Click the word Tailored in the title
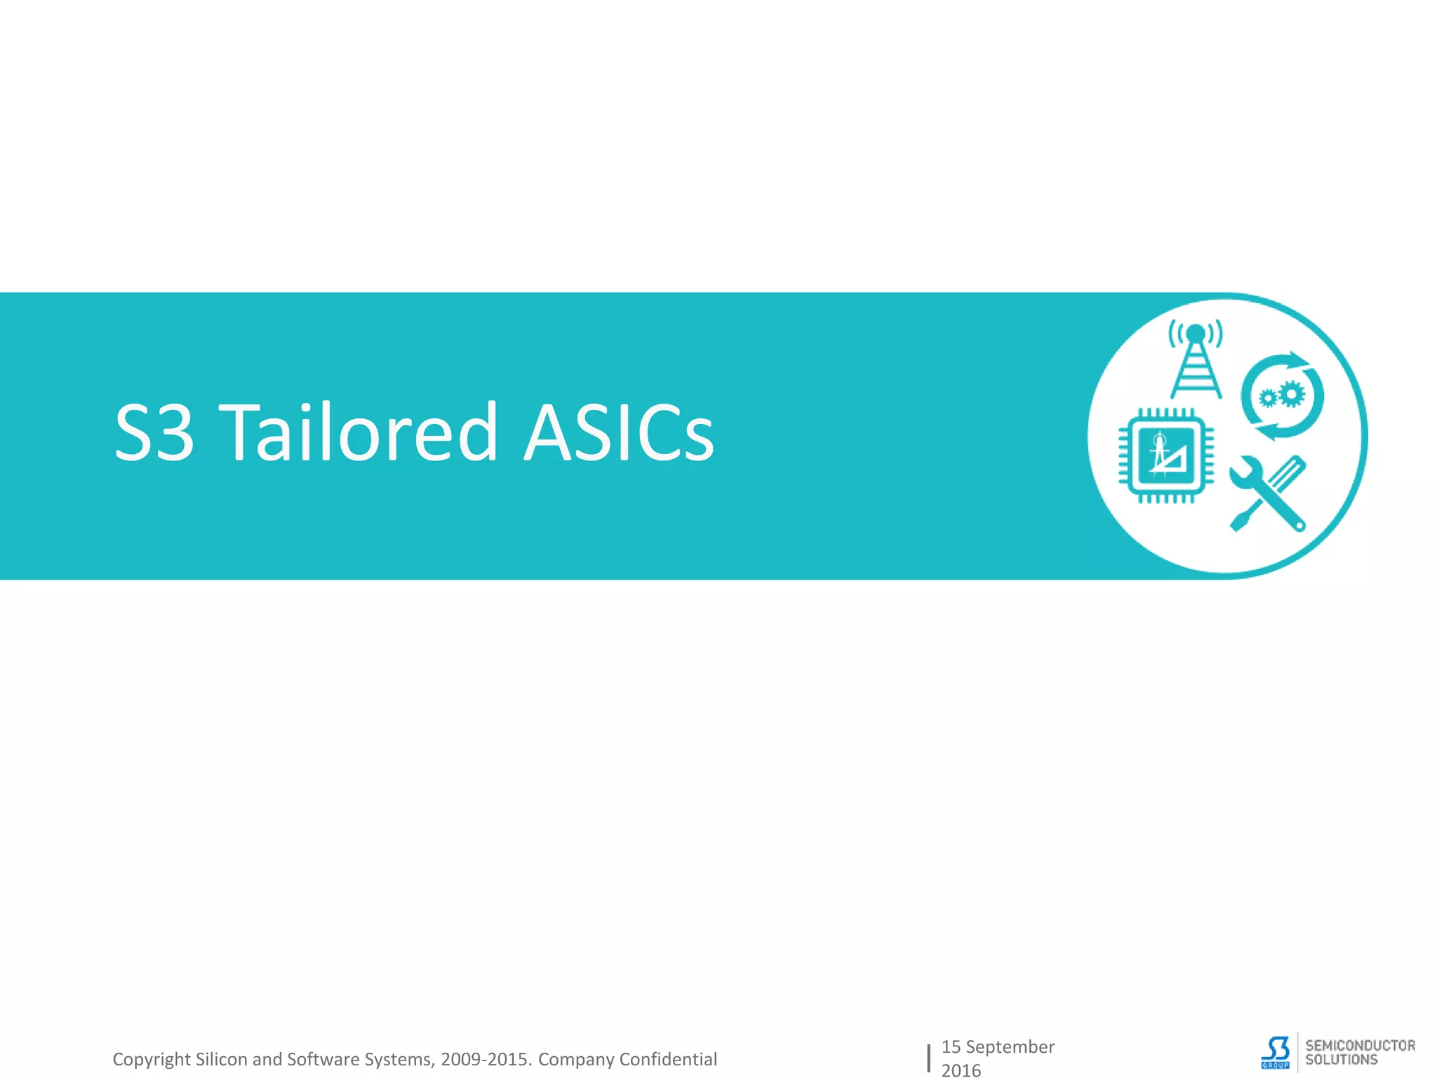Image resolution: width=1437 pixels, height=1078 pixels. [359, 432]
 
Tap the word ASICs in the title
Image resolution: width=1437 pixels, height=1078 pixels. [619, 432]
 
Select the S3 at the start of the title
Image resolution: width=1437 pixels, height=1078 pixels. [154, 432]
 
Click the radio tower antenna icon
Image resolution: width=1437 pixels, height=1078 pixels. [1196, 359]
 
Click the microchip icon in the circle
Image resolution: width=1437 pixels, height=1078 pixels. [1165, 455]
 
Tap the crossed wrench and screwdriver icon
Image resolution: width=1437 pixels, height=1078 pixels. [1268, 493]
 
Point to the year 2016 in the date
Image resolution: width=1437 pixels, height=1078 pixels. [961, 1070]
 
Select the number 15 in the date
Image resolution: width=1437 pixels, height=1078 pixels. [951, 1046]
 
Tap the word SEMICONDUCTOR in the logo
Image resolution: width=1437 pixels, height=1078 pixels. [1360, 1046]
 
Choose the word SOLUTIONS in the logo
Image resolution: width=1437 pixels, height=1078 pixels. [1341, 1060]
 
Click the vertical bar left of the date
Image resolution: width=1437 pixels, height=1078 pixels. [928, 1058]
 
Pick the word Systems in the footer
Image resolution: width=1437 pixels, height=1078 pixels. [399, 1059]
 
